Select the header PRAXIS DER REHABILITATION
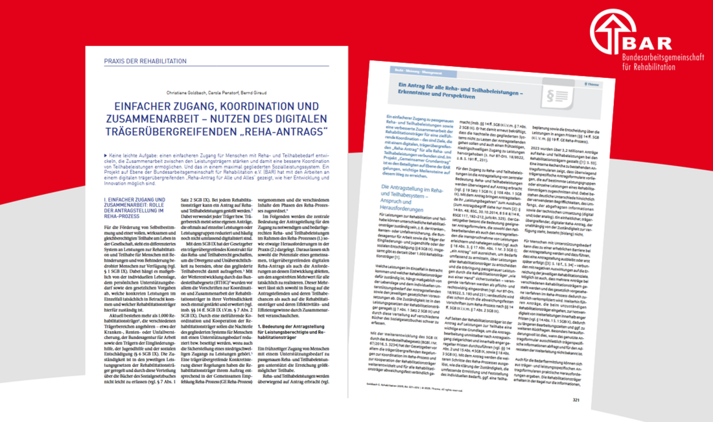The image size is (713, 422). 141,61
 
